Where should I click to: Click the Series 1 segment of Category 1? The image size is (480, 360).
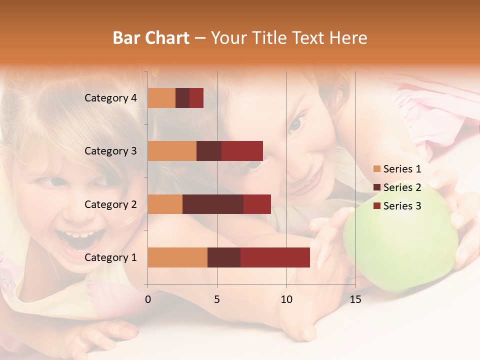177,257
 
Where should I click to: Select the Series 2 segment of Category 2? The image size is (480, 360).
213,204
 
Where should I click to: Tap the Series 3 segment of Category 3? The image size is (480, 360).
242,151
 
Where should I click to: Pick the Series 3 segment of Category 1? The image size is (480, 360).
275,257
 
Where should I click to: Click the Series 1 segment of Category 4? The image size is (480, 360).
161,98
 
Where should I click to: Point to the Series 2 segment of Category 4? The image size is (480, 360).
182,98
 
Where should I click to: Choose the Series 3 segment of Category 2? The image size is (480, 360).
257,204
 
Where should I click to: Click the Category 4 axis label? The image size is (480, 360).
110,98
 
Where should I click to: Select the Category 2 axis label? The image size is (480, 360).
110,204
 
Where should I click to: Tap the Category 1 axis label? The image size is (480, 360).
110,257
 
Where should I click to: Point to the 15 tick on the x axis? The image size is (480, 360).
355,299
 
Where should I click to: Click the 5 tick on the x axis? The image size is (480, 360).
217,299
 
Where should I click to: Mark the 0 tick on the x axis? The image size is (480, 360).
148,299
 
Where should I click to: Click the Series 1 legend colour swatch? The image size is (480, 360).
376,169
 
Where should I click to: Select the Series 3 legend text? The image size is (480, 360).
402,206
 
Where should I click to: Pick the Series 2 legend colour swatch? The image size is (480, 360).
376,187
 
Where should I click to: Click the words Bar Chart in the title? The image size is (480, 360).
151,37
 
